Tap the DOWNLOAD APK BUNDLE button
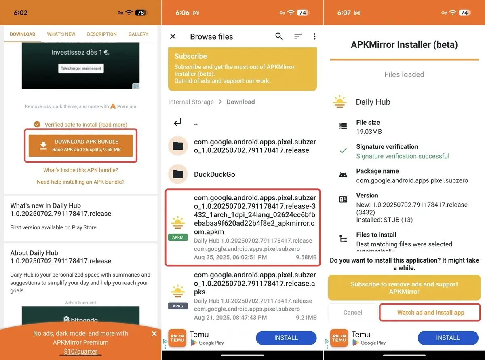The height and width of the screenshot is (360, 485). pos(80,146)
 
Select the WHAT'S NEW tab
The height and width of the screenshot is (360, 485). pos(61,34)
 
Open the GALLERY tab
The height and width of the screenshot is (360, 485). pos(138,34)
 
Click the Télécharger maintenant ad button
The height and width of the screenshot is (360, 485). pos(81,68)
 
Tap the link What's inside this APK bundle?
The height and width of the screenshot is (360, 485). pos(80,170)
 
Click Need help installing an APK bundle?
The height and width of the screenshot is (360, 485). pos(80,182)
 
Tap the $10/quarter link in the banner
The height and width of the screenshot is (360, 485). pos(80,351)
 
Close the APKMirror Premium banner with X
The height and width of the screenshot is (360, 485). pos(154,334)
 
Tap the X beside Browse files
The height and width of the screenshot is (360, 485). pos(173,36)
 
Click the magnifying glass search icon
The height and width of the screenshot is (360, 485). pos(279,36)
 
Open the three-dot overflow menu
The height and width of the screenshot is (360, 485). pos(314,36)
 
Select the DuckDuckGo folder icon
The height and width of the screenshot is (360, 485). pos(178,174)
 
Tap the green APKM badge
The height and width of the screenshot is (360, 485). pos(178,237)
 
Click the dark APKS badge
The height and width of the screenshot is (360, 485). pos(178,306)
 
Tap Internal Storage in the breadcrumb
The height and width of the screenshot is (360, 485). pos(191,102)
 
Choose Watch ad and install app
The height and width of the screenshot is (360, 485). pos(430,313)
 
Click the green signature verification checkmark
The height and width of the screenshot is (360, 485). pos(343,150)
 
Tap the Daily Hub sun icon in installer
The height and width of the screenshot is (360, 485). pos(339,102)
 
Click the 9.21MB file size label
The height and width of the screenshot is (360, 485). pos(306,317)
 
